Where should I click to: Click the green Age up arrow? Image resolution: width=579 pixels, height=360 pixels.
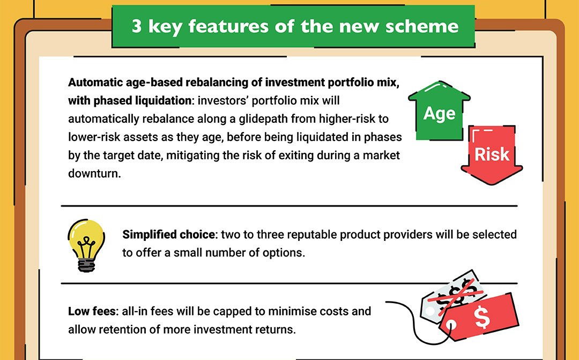[x=439, y=111]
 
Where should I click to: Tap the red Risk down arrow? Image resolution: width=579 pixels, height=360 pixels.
[x=492, y=155]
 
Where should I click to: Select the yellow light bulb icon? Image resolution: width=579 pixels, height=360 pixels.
[x=86, y=245]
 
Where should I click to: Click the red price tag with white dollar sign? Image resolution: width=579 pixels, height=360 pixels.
[x=480, y=317]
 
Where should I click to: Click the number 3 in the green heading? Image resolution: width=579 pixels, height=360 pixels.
[x=137, y=26]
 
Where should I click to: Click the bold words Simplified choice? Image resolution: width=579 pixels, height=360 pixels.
[x=169, y=234]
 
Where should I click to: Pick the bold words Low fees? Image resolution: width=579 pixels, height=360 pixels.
[x=92, y=311]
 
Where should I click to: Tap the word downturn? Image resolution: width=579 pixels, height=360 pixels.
[x=94, y=173]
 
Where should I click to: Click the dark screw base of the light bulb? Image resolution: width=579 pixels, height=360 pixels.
[x=86, y=265]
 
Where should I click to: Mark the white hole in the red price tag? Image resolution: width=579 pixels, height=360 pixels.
[x=451, y=326]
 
